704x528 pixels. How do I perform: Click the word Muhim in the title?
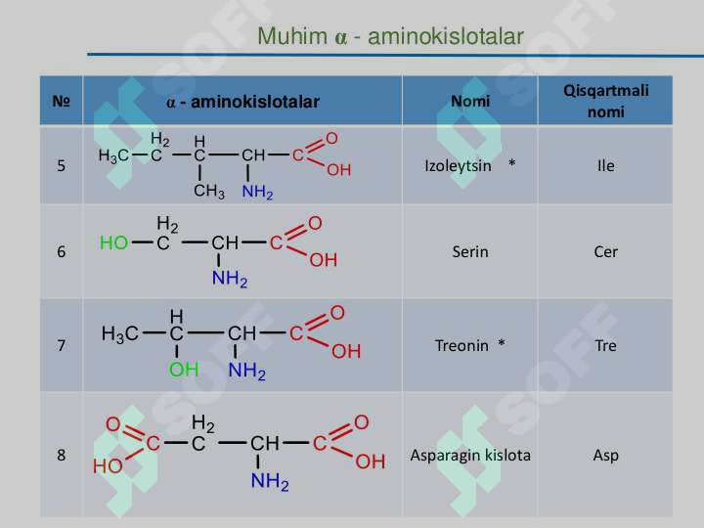click(x=292, y=36)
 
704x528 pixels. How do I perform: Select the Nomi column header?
click(x=470, y=101)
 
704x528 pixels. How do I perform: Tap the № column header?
click(x=61, y=101)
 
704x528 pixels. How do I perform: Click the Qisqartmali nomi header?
click(x=605, y=101)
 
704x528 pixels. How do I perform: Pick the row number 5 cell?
click(x=61, y=165)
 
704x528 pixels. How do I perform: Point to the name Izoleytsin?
click(x=458, y=165)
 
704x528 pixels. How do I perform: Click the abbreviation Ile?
click(x=605, y=165)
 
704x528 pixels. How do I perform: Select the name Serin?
click(x=470, y=251)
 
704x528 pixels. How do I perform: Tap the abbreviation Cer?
click(x=605, y=251)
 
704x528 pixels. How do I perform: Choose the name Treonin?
click(x=462, y=346)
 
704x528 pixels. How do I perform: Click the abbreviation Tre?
click(x=605, y=346)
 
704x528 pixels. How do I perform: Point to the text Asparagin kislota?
click(x=470, y=456)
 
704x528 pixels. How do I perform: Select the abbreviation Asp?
click(x=605, y=456)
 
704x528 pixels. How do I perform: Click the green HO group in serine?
click(x=114, y=242)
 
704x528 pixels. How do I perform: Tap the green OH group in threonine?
click(x=184, y=370)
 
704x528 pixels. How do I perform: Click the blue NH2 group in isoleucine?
click(x=257, y=193)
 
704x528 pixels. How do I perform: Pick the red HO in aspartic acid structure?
click(x=108, y=466)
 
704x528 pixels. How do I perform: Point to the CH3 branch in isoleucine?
click(x=209, y=192)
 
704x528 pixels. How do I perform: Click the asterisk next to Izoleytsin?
click(x=511, y=163)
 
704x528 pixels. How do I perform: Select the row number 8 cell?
click(x=61, y=456)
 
